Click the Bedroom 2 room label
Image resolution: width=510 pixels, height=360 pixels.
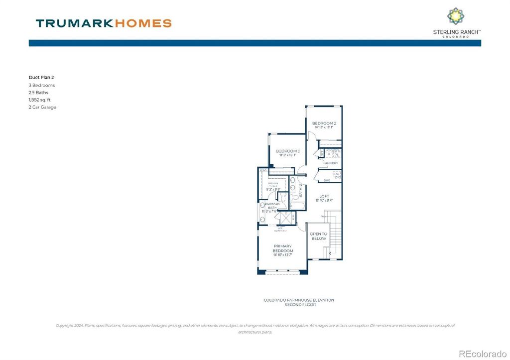pos(324,123)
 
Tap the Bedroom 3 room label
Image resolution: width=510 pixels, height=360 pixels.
pos(288,151)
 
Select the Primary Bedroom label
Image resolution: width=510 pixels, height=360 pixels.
pos(282,248)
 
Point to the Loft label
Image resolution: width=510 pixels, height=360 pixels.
pos(324,196)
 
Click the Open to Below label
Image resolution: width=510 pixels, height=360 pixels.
pos(318,236)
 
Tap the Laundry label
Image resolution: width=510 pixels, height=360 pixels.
pos(331,163)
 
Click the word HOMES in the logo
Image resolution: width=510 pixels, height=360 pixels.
pos(144,23)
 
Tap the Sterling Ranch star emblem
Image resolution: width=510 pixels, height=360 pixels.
pos(455,15)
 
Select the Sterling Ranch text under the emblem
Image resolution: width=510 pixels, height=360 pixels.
pos(456,32)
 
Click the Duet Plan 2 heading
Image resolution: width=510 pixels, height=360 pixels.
pos(42,78)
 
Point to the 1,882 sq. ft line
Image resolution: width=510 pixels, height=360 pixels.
pos(40,100)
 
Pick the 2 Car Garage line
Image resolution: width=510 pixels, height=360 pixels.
pos(42,107)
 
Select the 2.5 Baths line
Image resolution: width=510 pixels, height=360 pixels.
pos(38,93)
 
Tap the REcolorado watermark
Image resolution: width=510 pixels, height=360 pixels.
pos(482,354)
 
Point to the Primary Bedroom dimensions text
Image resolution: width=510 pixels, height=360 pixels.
pos(282,255)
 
